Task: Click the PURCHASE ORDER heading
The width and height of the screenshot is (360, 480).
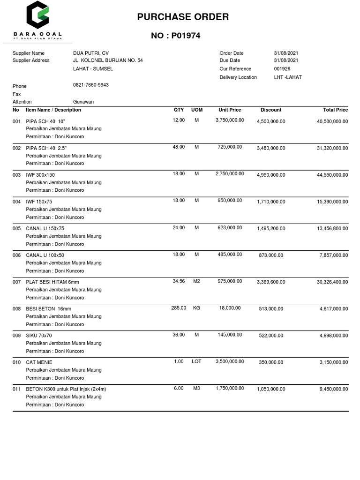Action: point(183,17)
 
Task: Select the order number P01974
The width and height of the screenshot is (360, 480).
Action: point(176,36)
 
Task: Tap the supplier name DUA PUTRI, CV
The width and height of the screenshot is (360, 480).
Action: point(91,53)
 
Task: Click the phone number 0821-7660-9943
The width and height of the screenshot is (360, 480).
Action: point(91,85)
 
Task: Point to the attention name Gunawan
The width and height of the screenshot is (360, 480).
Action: point(83,102)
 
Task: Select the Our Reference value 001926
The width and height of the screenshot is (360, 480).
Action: point(282,69)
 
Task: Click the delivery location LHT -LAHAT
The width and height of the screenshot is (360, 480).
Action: point(288,77)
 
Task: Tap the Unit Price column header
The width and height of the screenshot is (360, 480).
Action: point(230,110)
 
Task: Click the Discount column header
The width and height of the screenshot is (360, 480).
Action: point(271,110)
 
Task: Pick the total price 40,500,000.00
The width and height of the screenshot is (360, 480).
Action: point(332,121)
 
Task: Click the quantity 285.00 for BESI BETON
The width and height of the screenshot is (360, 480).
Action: point(179,308)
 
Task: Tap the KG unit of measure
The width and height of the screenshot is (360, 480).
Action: point(196,308)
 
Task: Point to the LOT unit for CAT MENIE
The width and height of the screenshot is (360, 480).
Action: point(196,361)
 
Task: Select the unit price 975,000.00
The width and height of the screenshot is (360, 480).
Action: point(230,281)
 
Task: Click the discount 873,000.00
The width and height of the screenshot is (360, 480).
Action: point(271,255)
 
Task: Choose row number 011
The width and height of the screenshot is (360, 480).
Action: point(16,389)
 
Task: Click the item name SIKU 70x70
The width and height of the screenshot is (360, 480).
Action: point(39,336)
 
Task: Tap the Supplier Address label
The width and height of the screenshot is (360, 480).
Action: point(31,60)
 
